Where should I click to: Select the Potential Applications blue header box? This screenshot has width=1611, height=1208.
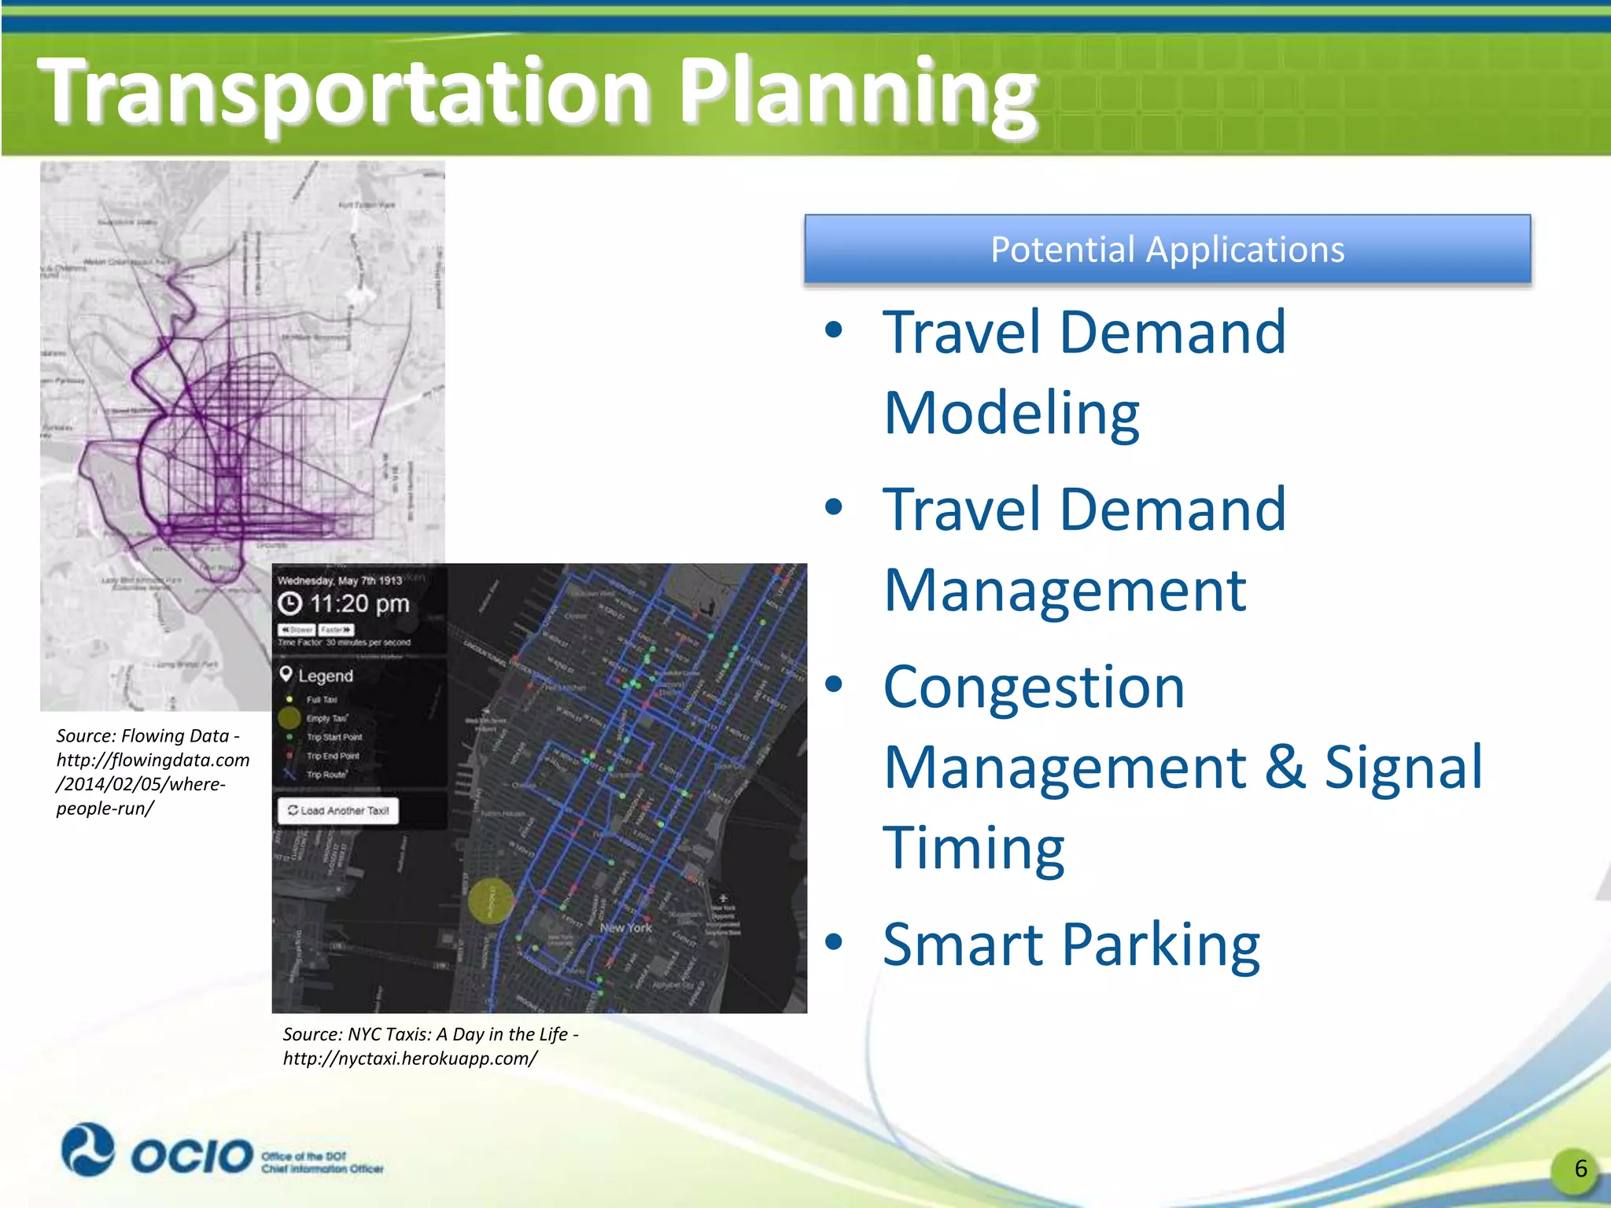coord(1167,249)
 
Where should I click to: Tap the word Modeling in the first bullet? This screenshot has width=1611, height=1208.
coord(1011,413)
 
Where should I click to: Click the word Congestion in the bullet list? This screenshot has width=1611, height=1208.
coord(1033,687)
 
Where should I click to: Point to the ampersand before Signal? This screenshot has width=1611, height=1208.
coord(1285,767)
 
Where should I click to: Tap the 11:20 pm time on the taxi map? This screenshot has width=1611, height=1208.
coord(359,604)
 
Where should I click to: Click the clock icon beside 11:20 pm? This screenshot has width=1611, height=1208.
coord(290,604)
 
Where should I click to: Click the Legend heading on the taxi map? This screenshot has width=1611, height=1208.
coord(325,676)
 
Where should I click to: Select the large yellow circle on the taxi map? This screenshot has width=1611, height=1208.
coord(491,901)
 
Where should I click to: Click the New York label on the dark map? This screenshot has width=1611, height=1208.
coord(625,928)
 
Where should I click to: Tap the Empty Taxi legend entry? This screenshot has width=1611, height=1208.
coord(326,718)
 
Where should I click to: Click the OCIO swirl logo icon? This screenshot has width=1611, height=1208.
coord(87,1150)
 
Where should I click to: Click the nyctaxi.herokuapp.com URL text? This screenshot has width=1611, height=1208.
coord(410,1059)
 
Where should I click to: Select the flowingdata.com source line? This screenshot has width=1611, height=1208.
coord(153,761)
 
